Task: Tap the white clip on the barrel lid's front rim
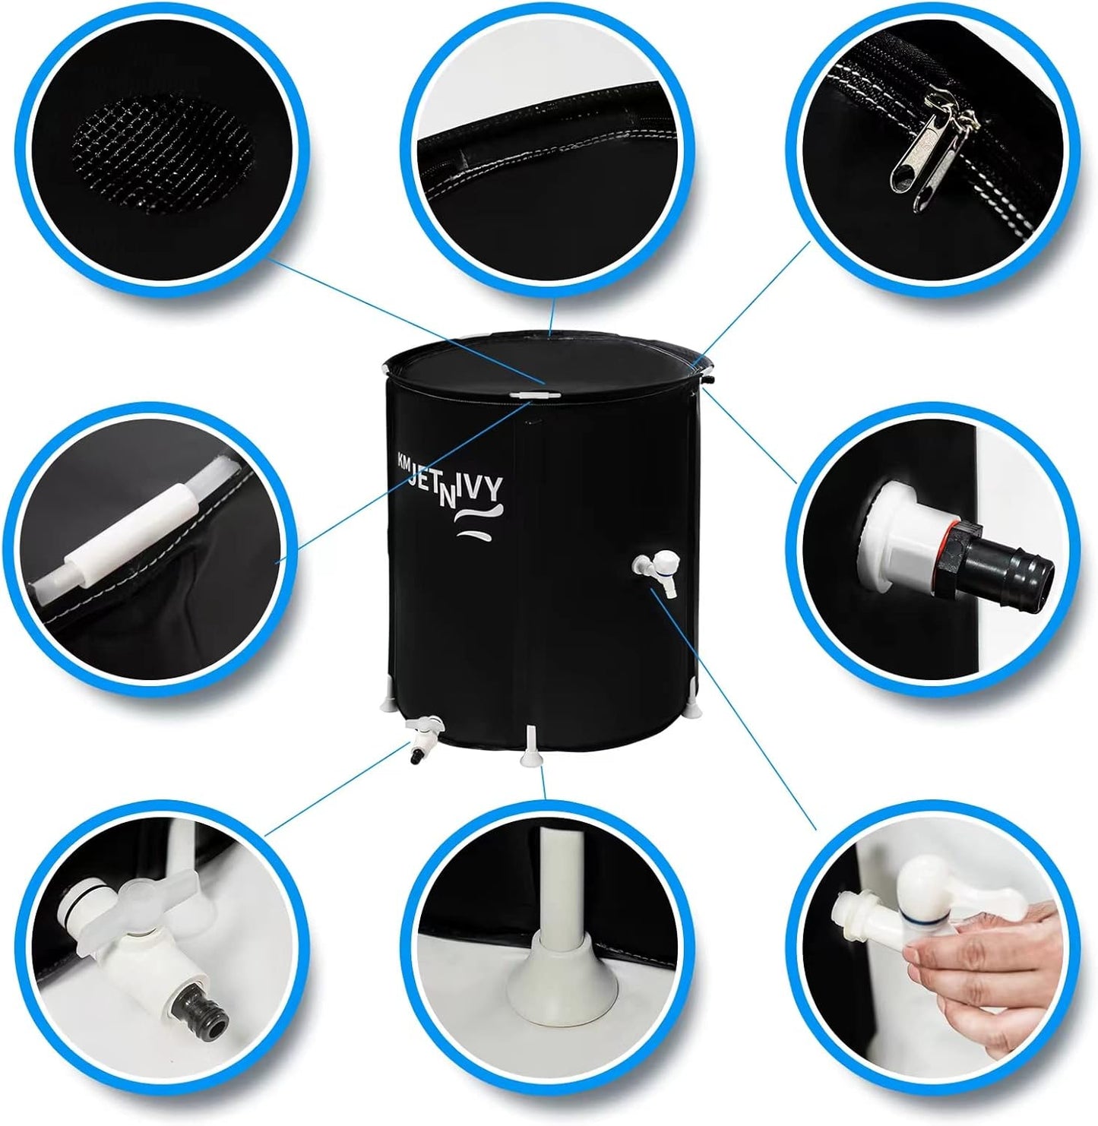[x=536, y=395]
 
